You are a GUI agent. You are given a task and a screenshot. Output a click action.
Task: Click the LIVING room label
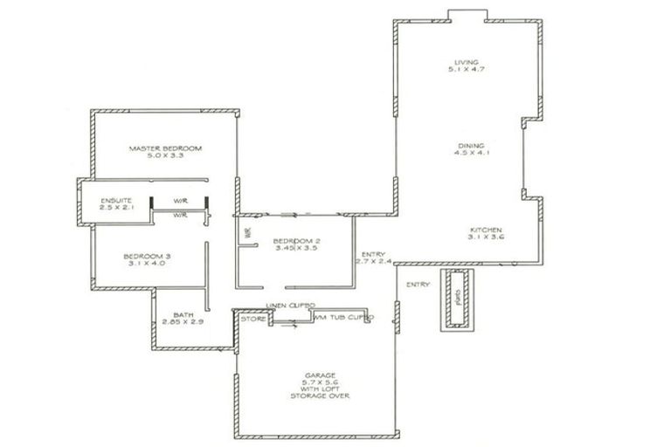tap(460, 61)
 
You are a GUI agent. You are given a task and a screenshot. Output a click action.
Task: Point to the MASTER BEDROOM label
tap(165, 148)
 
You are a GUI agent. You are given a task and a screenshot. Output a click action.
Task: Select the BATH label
tap(183, 314)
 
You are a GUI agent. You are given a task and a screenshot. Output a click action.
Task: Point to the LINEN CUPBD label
tap(290, 306)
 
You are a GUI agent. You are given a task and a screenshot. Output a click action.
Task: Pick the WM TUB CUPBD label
tap(343, 319)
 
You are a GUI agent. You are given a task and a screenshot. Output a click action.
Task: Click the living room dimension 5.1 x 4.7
tap(460, 70)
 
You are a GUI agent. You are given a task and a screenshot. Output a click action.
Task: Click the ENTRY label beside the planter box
tap(418, 285)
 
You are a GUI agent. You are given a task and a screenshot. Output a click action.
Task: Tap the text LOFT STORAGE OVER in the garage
tap(320, 395)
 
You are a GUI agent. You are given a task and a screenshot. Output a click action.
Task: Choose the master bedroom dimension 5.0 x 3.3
tap(165, 156)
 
